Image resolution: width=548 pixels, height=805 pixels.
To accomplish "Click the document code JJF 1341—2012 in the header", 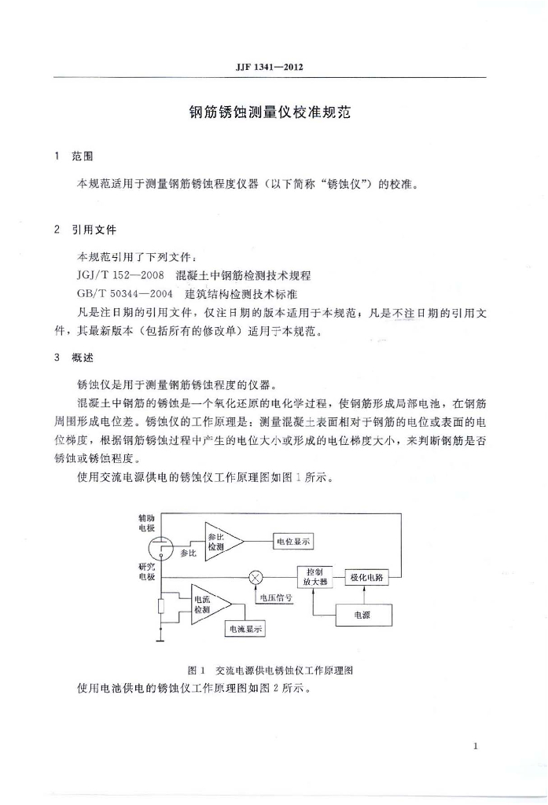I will point(269,67).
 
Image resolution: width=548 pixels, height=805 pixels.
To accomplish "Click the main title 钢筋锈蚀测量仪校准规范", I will point(269,112).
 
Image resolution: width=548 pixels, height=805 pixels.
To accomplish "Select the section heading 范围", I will point(82,156).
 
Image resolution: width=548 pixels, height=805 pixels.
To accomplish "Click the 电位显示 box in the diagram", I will point(293,542).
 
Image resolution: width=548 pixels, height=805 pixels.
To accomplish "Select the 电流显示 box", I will point(246,630).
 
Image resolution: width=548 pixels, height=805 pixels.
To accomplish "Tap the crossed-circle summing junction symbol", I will point(256,578).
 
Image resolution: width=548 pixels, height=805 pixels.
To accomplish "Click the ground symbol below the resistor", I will point(160,641).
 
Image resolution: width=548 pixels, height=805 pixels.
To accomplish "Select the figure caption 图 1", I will point(197,671).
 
